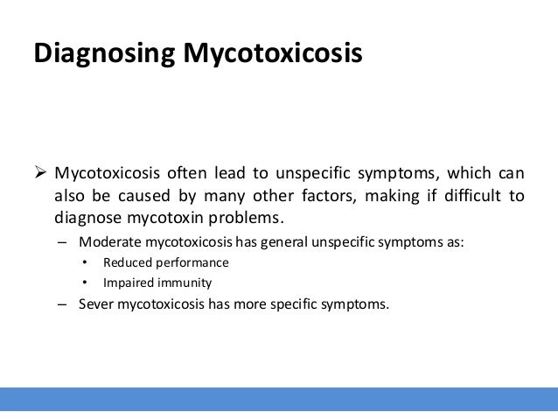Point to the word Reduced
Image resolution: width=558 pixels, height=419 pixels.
point(126,263)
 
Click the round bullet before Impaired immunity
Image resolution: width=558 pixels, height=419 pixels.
point(85,283)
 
